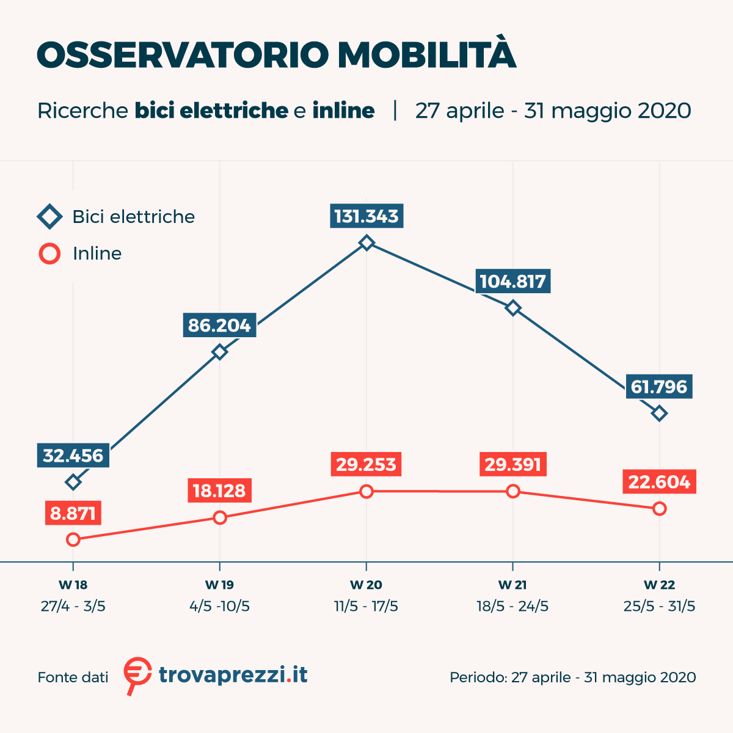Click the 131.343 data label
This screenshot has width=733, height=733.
[366, 216]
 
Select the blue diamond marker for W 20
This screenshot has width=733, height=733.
[366, 243]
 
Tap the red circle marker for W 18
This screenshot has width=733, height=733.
[73, 539]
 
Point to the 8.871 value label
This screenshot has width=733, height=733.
[73, 513]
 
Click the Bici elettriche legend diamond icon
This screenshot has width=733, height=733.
[49, 217]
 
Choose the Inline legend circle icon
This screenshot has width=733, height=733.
[49, 253]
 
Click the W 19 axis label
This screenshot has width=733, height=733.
[219, 585]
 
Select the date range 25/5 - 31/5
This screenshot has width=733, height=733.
[659, 606]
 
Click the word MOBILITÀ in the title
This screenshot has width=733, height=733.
[427, 55]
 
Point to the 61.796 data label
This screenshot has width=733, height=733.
[659, 387]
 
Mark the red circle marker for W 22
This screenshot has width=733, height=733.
[659, 508]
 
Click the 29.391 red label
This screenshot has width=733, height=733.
[513, 464]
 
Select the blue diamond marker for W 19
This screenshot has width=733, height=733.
[219, 352]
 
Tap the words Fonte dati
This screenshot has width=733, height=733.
[73, 677]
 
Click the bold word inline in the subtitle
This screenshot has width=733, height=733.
[343, 111]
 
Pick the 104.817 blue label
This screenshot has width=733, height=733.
[513, 281]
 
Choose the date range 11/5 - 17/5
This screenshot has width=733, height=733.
[366, 606]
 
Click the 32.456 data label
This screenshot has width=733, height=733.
[73, 456]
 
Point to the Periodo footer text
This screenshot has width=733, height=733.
[572, 677]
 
